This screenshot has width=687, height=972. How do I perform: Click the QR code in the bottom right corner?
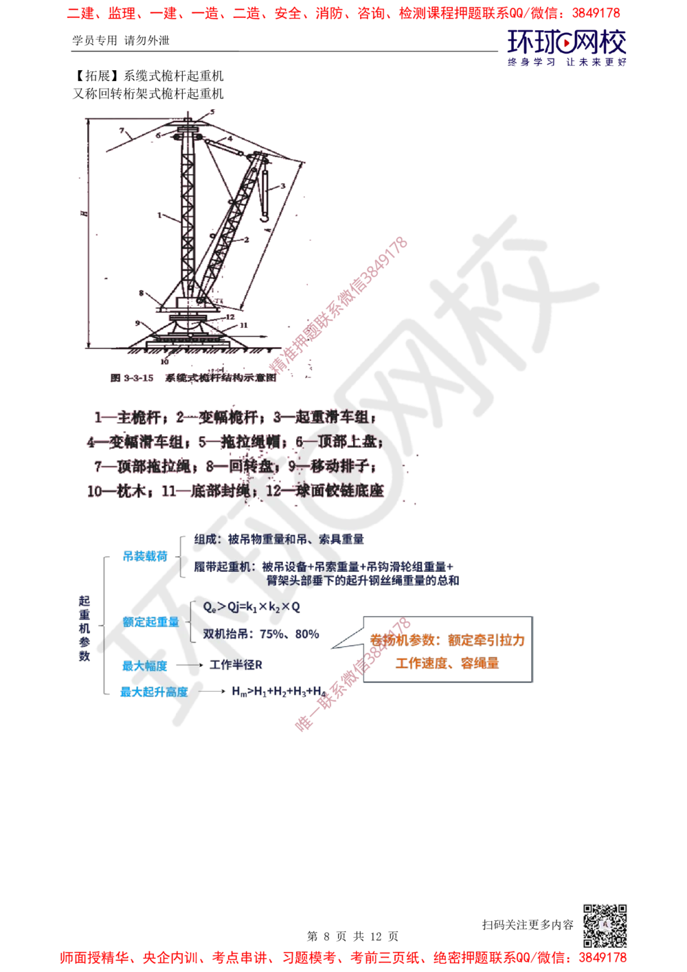(603, 926)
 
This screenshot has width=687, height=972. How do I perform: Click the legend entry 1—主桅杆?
(130, 417)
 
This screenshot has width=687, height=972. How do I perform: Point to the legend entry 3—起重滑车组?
(324, 417)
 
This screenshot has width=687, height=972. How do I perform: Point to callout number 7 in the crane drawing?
(122, 130)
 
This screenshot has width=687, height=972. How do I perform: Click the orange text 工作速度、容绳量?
(447, 663)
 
